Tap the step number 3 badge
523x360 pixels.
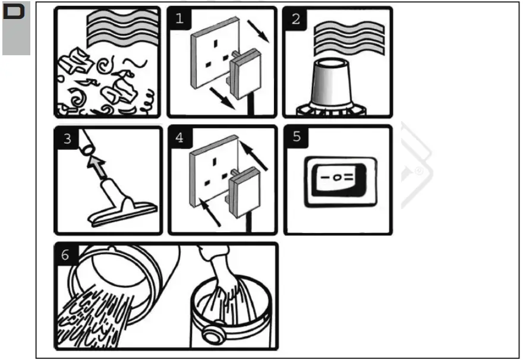67,138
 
